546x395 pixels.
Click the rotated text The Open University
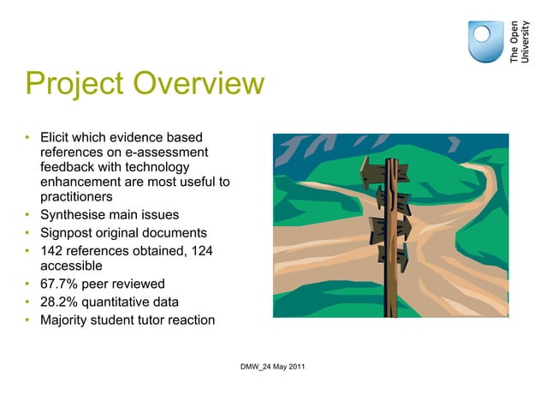[519, 40]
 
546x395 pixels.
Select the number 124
[201, 250]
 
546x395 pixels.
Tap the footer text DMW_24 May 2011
[274, 368]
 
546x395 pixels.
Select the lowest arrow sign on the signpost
[394, 255]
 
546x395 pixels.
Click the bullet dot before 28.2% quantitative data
[27, 302]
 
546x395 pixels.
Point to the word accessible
[71, 266]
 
